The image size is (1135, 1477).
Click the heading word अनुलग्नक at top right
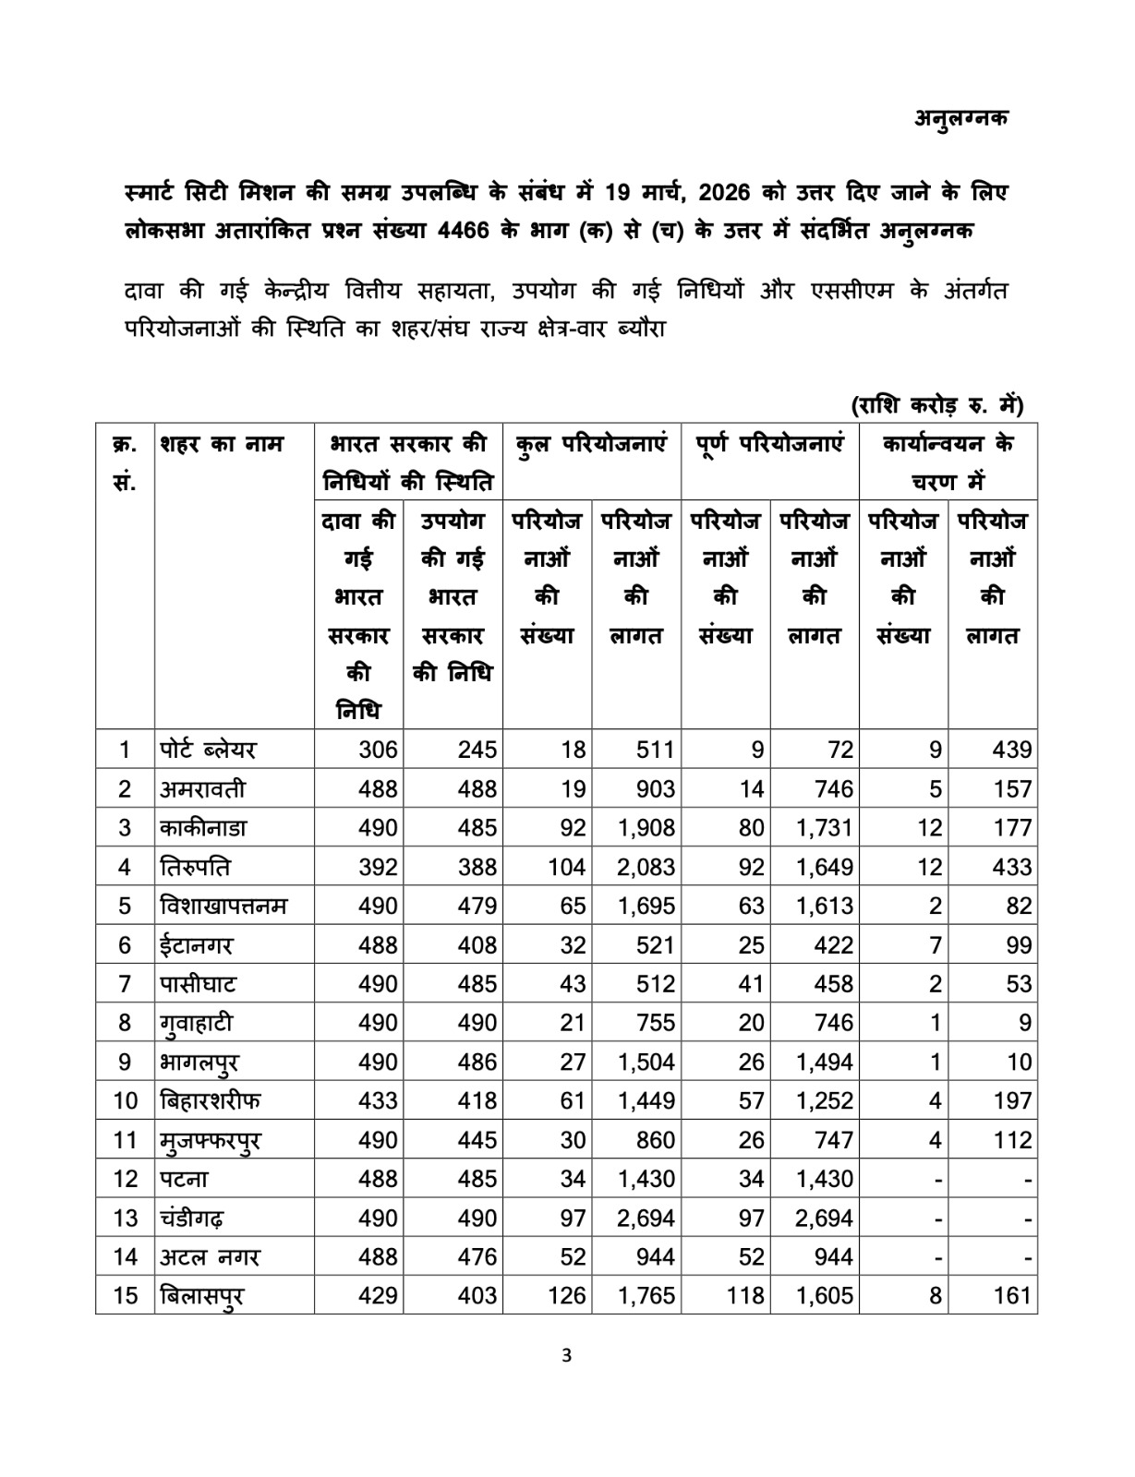tap(961, 118)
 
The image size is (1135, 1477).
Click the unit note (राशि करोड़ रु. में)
tap(936, 405)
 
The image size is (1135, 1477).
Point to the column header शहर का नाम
tap(222, 444)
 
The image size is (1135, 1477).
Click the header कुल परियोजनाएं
tap(591, 444)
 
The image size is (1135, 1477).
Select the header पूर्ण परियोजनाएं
tap(769, 444)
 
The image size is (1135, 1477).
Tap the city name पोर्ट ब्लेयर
tap(207, 750)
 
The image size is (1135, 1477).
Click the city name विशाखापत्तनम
tap(223, 906)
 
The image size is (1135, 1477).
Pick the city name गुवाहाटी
tap(196, 1023)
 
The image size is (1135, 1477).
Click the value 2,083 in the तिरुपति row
tap(646, 867)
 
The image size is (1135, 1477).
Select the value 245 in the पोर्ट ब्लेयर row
tap(477, 750)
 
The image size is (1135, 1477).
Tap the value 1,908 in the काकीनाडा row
tap(646, 828)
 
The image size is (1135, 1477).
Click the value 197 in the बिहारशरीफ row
tap(1012, 1100)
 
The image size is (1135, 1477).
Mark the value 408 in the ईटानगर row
tap(477, 945)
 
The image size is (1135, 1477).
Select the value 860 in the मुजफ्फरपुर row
tap(655, 1140)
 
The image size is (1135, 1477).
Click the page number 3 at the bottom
tap(567, 1356)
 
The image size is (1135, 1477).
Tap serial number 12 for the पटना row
tap(125, 1179)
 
